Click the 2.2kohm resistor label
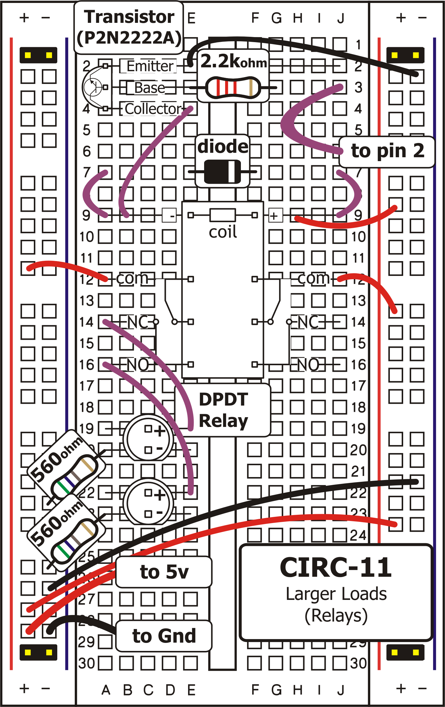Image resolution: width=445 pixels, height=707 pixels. (233, 62)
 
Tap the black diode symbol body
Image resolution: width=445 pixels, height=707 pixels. (222, 172)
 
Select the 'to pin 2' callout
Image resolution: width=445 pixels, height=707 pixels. (387, 151)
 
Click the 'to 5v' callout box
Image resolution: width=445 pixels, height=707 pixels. (164, 571)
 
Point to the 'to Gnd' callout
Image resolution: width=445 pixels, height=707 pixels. (164, 636)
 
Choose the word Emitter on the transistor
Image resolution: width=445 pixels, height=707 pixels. (150, 66)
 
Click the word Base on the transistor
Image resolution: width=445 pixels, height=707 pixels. (150, 88)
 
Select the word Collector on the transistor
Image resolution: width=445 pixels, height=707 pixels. (153, 109)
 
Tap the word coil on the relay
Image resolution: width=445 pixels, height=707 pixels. (223, 232)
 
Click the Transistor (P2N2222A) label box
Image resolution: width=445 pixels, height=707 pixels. (129, 28)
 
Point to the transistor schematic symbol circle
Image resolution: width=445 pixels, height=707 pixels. (93, 87)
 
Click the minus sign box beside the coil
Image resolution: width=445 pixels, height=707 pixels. (169, 215)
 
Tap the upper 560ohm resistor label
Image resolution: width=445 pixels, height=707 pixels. (56, 458)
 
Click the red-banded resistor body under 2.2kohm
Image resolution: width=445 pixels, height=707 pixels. (233, 88)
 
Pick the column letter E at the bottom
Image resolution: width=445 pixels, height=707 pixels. (191, 690)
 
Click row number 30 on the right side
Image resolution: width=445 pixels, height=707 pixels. (358, 663)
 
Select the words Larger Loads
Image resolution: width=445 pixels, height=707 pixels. (336, 594)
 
